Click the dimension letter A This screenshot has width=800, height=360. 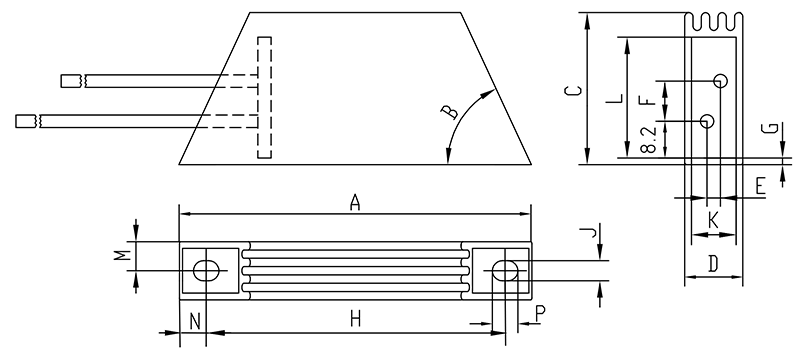355,203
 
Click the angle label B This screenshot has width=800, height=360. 450,112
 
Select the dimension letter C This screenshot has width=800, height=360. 573,91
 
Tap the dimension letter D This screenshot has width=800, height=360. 713,264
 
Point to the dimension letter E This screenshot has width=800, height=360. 760,187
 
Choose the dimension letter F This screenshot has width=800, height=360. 648,97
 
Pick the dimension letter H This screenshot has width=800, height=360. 356,320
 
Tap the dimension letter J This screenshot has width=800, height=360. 589,233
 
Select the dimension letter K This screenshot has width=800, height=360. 713,221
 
